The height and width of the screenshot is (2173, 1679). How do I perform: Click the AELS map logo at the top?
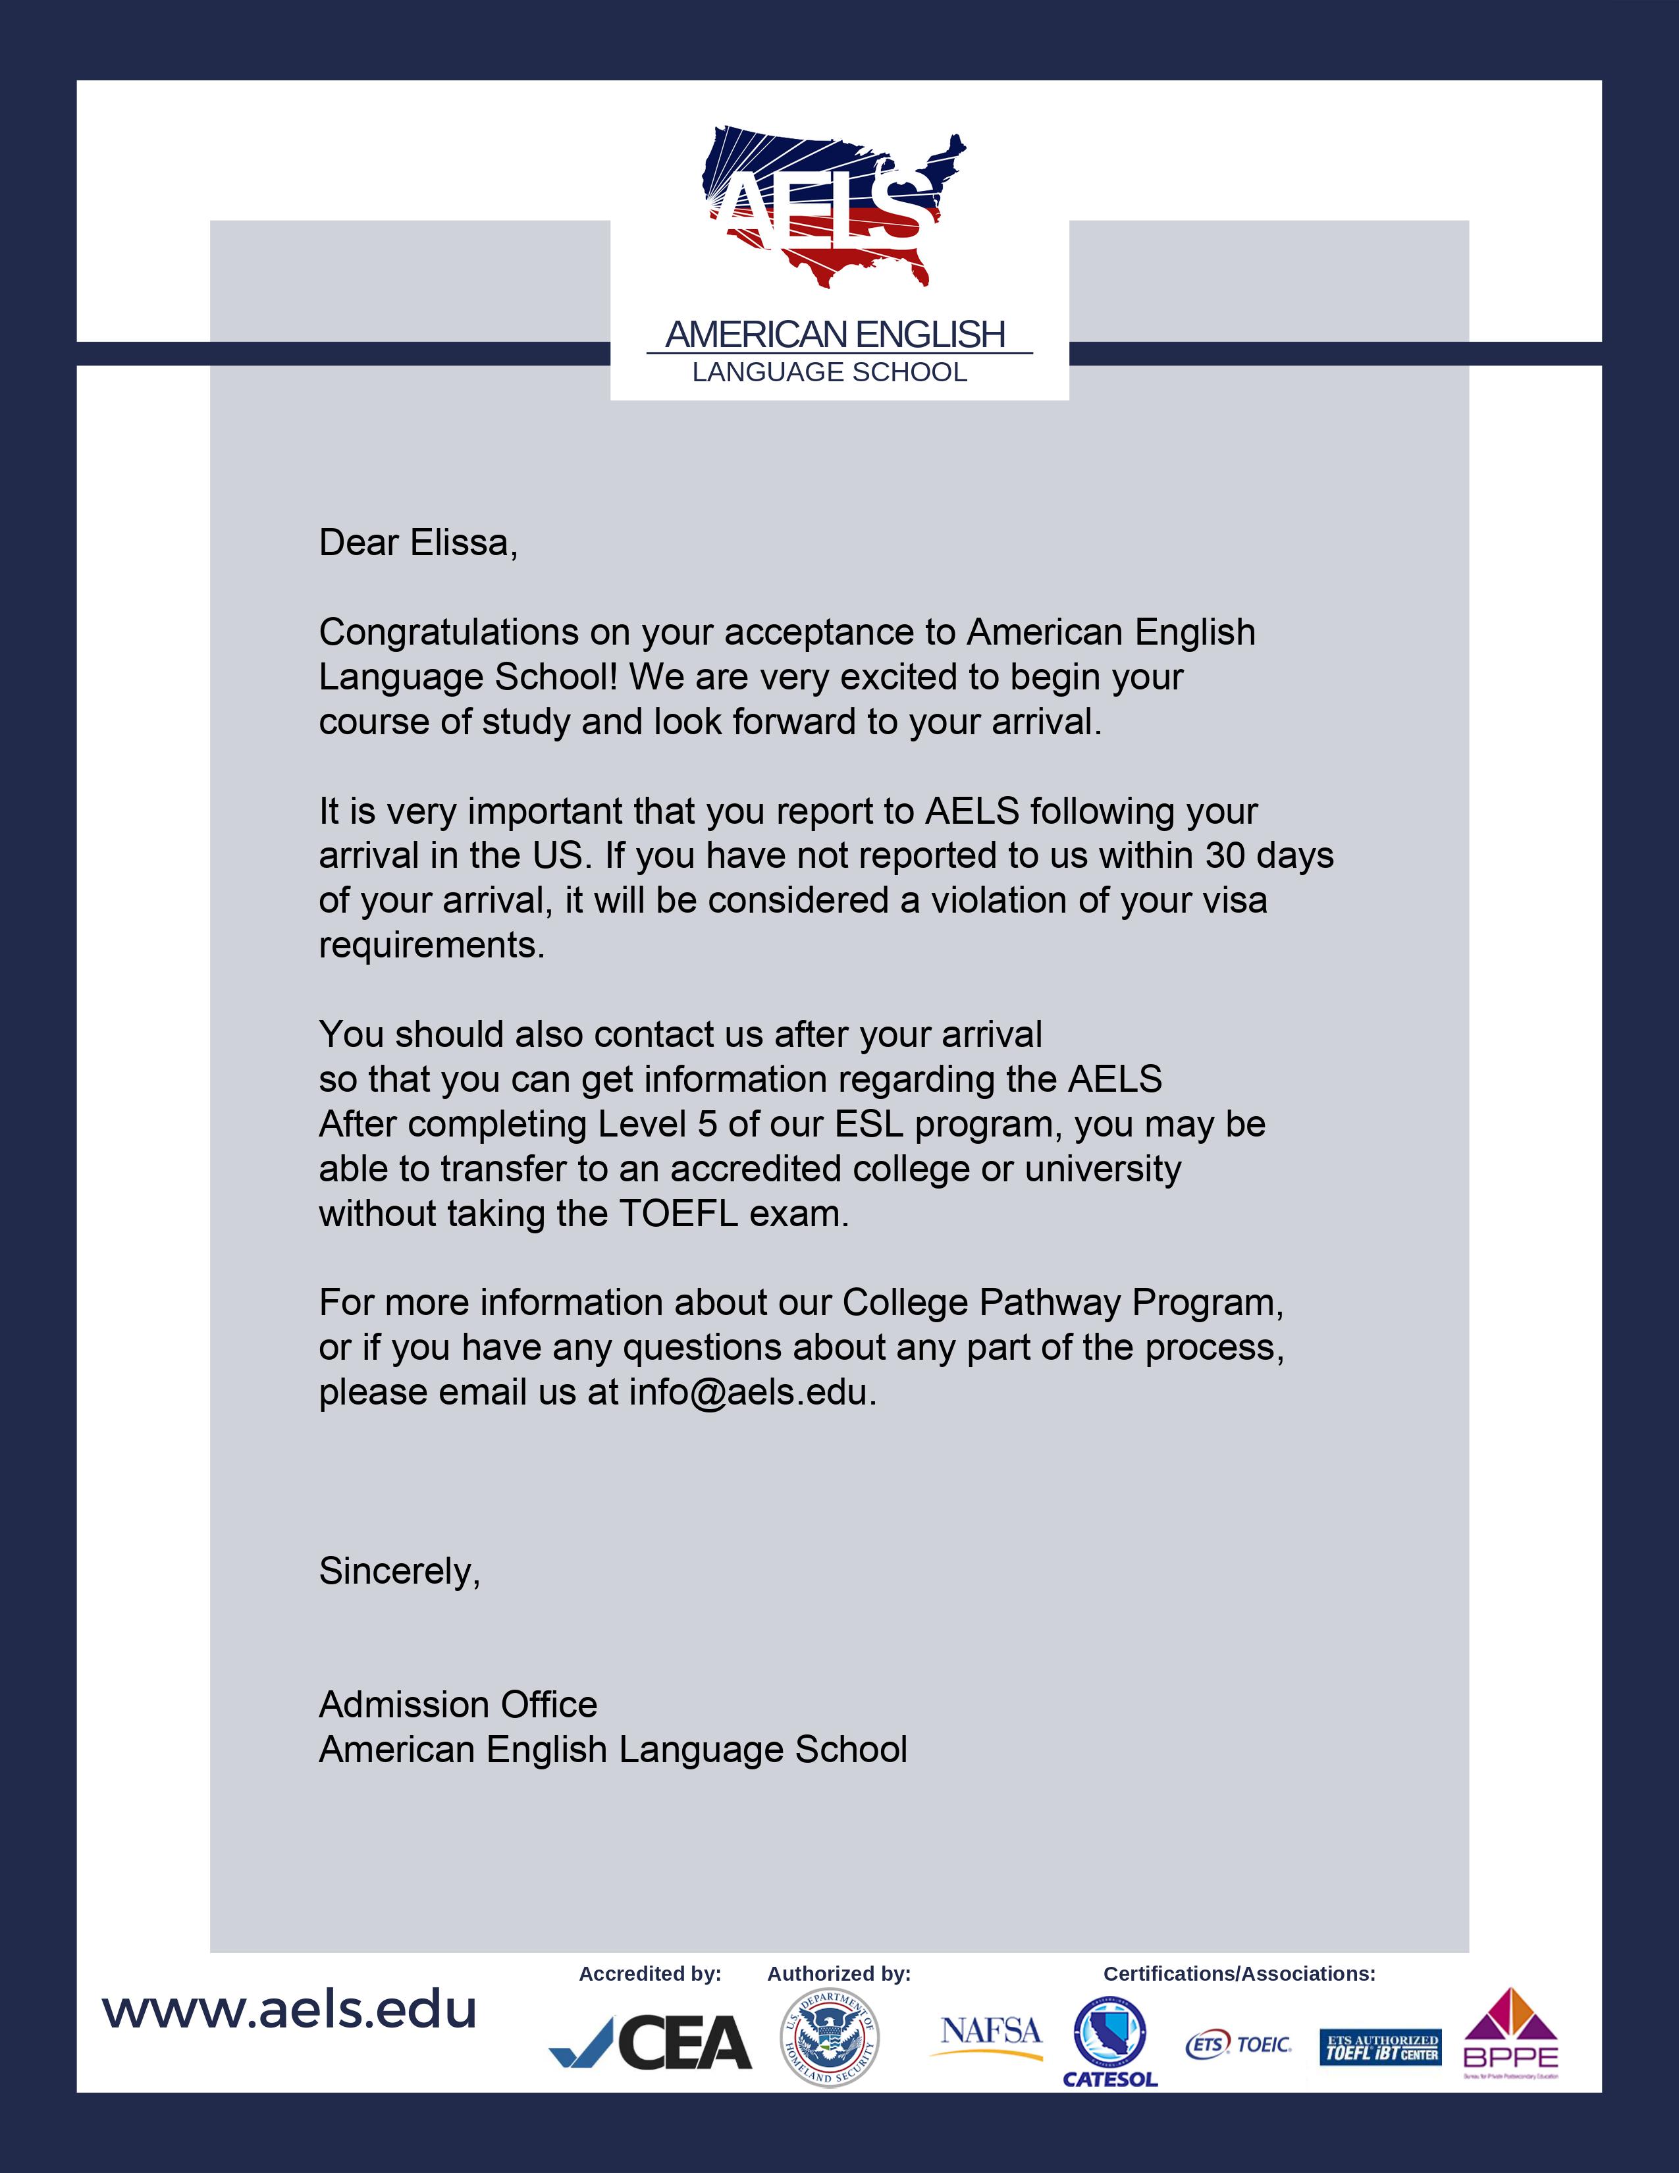pyautogui.click(x=834, y=207)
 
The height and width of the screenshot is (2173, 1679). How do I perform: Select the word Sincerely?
pyautogui.click(x=398, y=1571)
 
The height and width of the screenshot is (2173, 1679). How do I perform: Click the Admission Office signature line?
pyautogui.click(x=458, y=1704)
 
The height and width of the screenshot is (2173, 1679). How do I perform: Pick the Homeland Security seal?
pyautogui.click(x=830, y=2038)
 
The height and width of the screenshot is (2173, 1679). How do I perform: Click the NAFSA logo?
pyautogui.click(x=990, y=2033)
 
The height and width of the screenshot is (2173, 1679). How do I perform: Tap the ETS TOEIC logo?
pyautogui.click(x=1239, y=2045)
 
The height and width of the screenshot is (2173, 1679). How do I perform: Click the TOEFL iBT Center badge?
pyautogui.click(x=1379, y=2047)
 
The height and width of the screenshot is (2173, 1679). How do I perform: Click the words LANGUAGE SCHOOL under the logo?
pyautogui.click(x=830, y=372)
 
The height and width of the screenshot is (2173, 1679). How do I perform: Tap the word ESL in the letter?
pyautogui.click(x=868, y=1124)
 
